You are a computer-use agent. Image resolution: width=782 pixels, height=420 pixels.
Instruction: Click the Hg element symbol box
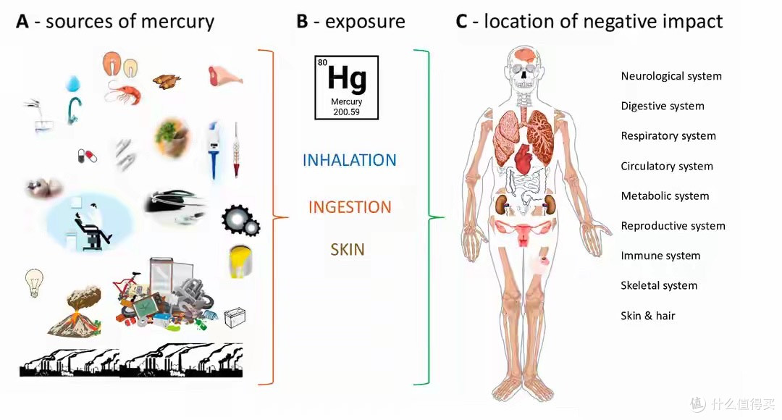coord(347,88)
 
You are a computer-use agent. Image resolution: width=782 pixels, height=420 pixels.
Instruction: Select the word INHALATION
coord(349,160)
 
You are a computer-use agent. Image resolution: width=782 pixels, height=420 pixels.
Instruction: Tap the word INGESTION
coord(350,207)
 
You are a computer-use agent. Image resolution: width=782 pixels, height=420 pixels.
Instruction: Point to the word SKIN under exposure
coord(347,249)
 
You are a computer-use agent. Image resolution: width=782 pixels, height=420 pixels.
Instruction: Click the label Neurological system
coord(671,76)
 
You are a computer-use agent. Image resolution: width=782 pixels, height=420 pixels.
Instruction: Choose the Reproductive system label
coord(673,225)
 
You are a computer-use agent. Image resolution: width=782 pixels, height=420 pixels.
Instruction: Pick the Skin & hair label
coord(648,315)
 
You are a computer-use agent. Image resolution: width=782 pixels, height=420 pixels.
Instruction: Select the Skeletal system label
coord(659,285)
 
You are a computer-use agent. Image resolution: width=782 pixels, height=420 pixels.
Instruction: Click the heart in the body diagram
coord(524,159)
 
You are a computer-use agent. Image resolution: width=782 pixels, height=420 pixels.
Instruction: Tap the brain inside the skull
coord(525,55)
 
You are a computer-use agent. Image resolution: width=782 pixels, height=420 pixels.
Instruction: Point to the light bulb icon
coord(34,283)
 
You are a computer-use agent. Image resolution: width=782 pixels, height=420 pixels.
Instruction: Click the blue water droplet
coord(73,83)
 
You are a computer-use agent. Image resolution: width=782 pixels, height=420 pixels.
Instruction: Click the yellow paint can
coord(240,261)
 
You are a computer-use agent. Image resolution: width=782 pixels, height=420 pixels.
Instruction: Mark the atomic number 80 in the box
coord(323,62)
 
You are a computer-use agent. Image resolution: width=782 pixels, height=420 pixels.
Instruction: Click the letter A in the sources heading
coord(22,22)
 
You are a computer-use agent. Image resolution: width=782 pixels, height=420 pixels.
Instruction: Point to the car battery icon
coord(235,317)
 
